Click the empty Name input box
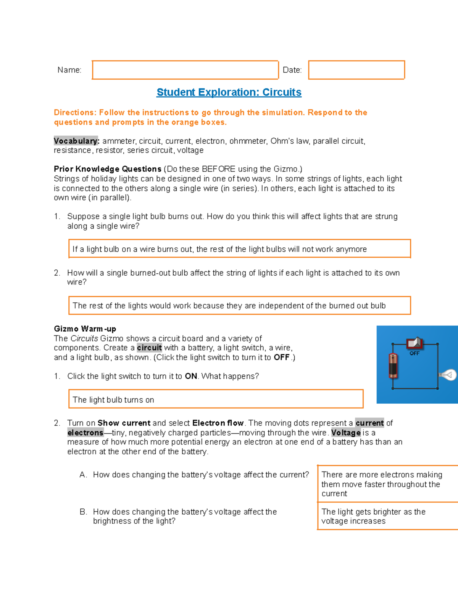(x=185, y=70)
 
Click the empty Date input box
(x=356, y=70)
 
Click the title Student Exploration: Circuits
(x=229, y=92)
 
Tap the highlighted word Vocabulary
(x=76, y=141)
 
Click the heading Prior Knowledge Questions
(x=108, y=169)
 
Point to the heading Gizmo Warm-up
(x=85, y=329)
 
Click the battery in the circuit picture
(x=393, y=365)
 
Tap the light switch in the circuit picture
(x=414, y=343)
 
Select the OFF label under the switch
(x=414, y=353)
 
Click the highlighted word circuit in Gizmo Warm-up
(x=149, y=348)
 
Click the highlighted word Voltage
(x=346, y=433)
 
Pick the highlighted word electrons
(x=85, y=433)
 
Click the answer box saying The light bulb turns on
(x=216, y=399)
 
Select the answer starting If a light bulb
(x=239, y=249)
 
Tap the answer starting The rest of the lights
(x=239, y=306)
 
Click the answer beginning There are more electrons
(x=385, y=484)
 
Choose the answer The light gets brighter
(x=385, y=516)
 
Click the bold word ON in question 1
(x=191, y=376)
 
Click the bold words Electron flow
(x=218, y=423)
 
